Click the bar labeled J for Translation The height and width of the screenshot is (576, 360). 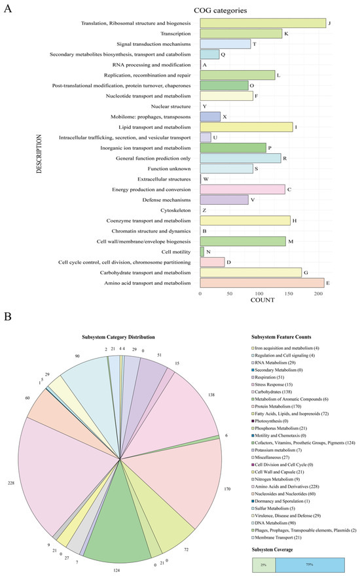[262, 24]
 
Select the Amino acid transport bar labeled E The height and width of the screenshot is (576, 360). [261, 283]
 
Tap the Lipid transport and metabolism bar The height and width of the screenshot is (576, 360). [245, 127]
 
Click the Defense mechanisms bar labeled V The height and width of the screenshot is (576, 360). [224, 200]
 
